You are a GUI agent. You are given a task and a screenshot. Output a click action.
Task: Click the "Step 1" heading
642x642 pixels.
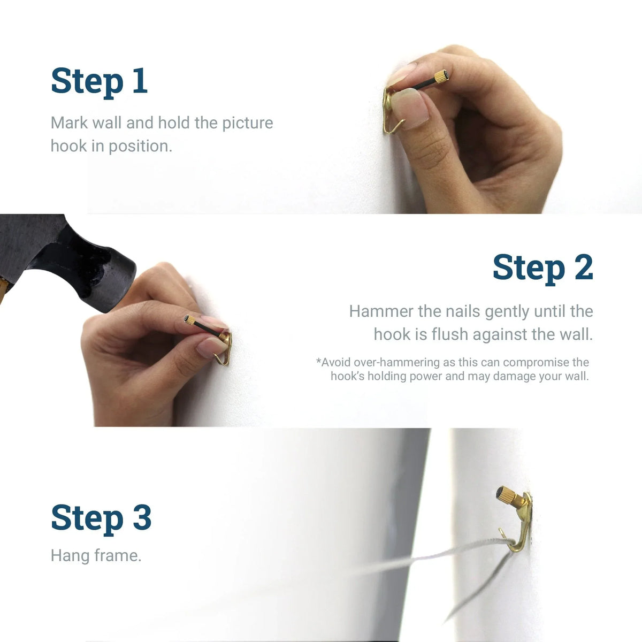pos(99,81)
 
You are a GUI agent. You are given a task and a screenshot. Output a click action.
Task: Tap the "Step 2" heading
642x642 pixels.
pos(542,267)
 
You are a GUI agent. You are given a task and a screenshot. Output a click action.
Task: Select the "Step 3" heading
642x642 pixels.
pos(101,518)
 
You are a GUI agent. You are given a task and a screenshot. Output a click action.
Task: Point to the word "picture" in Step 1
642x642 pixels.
pos(247,123)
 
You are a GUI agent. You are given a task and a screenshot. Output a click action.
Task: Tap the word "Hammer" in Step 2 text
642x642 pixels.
pos(381,311)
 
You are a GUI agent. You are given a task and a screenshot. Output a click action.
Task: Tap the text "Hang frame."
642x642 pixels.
pos(96,556)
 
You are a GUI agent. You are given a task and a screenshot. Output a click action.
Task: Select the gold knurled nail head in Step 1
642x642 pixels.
pos(441,77)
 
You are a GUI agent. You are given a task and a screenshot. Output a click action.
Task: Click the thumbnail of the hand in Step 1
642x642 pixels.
pos(409,107)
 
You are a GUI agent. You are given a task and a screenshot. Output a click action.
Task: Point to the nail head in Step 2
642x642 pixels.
pos(189,320)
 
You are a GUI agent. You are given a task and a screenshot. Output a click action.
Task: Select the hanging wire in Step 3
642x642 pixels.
pos(428,559)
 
